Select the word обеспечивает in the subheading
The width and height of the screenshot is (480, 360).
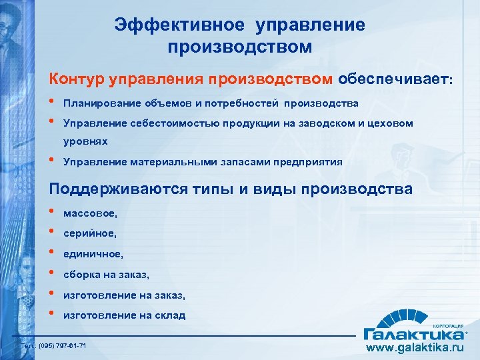[393, 79]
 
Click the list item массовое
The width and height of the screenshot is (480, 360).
[91, 213]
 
